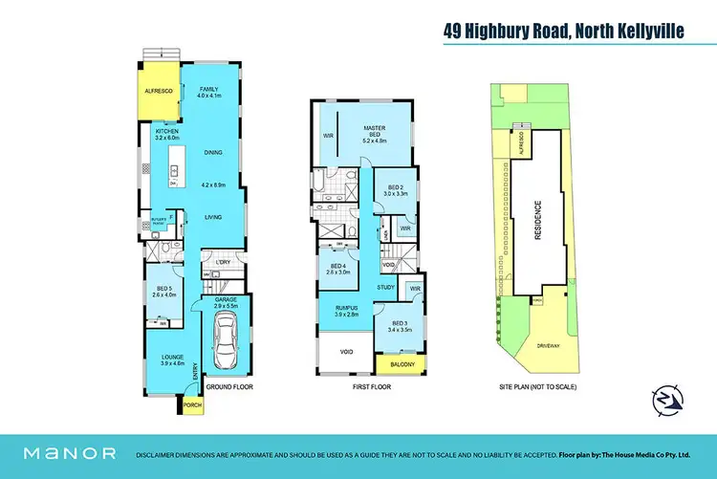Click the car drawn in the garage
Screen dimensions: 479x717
click(x=228, y=341)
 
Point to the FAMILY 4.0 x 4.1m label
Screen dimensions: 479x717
click(x=208, y=92)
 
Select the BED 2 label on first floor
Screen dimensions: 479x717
click(x=395, y=189)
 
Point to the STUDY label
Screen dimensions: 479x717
click(x=386, y=286)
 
